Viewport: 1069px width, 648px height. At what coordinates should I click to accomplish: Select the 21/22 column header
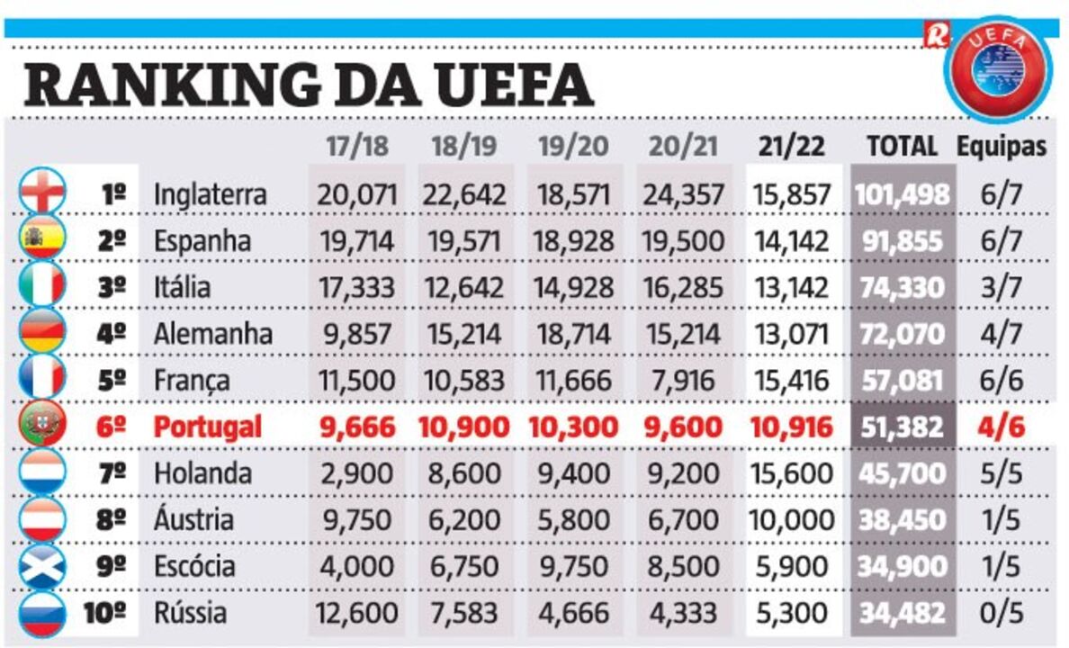pyautogui.click(x=791, y=147)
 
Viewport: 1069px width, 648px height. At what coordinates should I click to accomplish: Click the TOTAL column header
pyautogui.click(x=902, y=147)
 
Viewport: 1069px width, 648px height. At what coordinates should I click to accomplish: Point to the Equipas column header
pyautogui.click(x=1002, y=147)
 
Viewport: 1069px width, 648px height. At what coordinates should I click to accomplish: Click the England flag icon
pyautogui.click(x=42, y=193)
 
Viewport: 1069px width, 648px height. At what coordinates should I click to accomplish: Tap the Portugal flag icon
pyautogui.click(x=42, y=426)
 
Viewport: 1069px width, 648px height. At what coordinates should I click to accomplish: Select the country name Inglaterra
pyautogui.click(x=210, y=194)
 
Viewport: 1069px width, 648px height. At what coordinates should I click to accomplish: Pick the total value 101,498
pyautogui.click(x=903, y=194)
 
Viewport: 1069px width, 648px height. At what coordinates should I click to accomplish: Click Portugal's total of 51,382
pyautogui.click(x=903, y=427)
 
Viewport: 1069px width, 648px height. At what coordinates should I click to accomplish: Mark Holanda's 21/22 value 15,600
pyautogui.click(x=791, y=473)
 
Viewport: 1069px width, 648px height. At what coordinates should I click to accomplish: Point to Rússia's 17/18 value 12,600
pyautogui.click(x=357, y=614)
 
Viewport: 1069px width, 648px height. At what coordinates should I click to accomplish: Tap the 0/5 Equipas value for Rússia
pyautogui.click(x=1002, y=614)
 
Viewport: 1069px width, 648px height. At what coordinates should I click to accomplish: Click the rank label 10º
pyautogui.click(x=106, y=614)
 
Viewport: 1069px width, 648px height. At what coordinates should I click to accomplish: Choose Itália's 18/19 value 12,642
pyautogui.click(x=463, y=287)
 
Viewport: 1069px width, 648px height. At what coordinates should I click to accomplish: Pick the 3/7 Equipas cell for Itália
pyautogui.click(x=1002, y=287)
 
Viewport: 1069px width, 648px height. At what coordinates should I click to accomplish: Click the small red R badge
pyautogui.click(x=936, y=35)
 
